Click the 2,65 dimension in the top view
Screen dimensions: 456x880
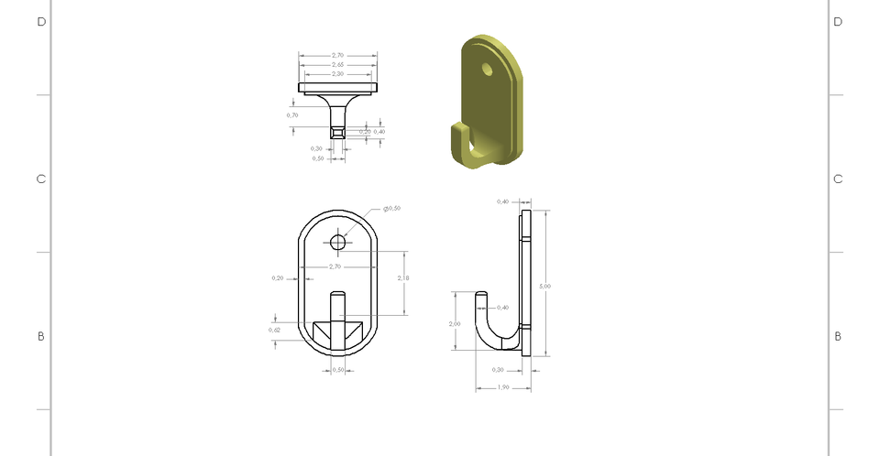click(337, 65)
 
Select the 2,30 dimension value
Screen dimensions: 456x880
click(337, 74)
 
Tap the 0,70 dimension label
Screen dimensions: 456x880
click(292, 115)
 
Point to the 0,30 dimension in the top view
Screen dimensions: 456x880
click(316, 148)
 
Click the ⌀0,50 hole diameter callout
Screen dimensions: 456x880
click(392, 209)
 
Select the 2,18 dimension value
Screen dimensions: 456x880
click(403, 277)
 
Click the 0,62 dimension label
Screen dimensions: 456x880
click(274, 330)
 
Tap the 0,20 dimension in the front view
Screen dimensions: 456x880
click(277, 277)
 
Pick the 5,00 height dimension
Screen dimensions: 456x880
click(545, 287)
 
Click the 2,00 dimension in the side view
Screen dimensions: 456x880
click(455, 324)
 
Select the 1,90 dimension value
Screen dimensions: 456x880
click(502, 387)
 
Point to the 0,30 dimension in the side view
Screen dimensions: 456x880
click(498, 370)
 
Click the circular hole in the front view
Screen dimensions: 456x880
click(338, 242)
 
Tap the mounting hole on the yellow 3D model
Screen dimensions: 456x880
click(488, 69)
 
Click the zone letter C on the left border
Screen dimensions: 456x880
click(41, 179)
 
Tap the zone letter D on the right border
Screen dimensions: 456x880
click(838, 22)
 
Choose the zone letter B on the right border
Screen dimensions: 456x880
click(838, 337)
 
